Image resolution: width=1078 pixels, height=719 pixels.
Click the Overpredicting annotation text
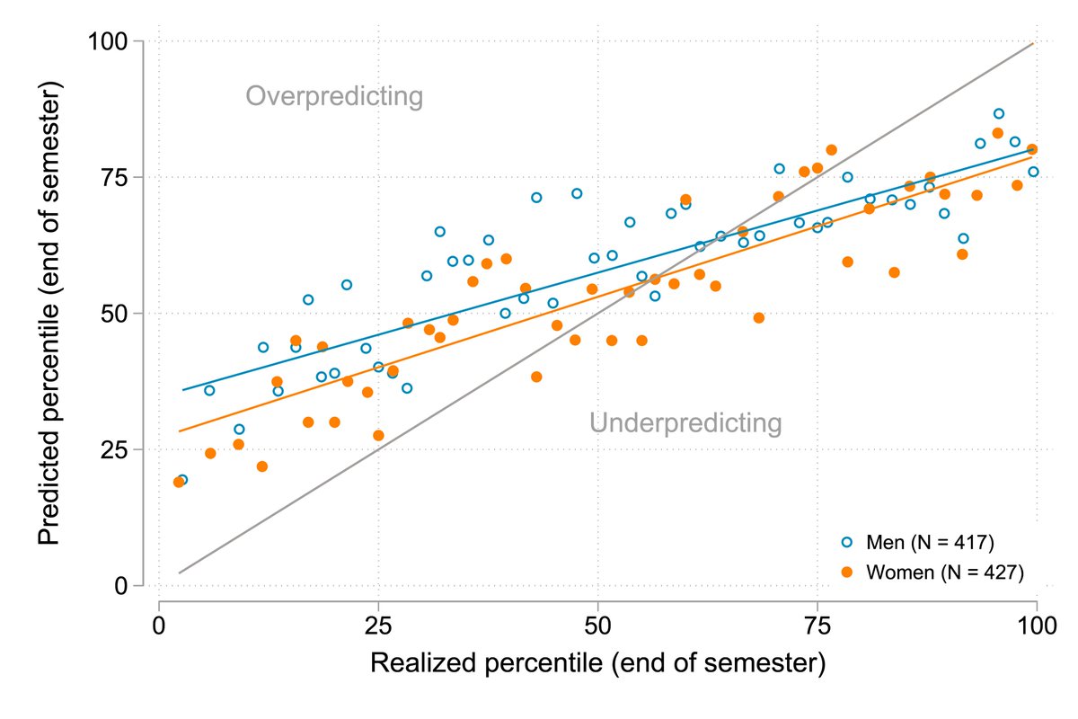tap(334, 96)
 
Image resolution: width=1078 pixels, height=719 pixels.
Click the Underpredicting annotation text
tap(685, 422)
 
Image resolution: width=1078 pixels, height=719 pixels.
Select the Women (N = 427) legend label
tap(944, 572)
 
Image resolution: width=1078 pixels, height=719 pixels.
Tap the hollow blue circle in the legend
tap(846, 543)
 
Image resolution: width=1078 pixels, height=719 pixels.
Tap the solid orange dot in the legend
tap(846, 572)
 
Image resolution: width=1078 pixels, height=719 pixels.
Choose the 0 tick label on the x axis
tap(159, 626)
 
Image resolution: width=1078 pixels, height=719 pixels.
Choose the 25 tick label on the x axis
tap(378, 626)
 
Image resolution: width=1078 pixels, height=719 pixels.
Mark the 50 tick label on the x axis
tap(597, 626)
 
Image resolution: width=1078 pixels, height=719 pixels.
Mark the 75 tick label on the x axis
tap(817, 626)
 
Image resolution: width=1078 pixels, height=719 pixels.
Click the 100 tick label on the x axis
tap(1037, 626)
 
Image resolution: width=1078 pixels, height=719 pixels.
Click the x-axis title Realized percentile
tap(597, 664)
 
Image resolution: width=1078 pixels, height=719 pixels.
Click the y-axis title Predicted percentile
tap(51, 314)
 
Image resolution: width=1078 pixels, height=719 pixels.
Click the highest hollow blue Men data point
tap(998, 113)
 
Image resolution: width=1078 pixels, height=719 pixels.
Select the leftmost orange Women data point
tap(179, 482)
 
